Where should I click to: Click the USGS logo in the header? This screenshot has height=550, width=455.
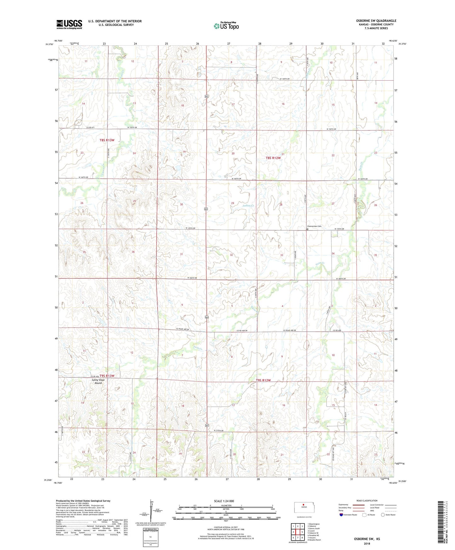click(69, 24)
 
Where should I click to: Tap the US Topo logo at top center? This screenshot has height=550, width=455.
click(226, 26)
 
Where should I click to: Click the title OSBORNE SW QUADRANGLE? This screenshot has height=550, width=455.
click(376, 21)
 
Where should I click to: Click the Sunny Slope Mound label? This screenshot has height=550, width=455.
click(98, 381)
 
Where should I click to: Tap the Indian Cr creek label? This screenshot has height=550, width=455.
click(248, 205)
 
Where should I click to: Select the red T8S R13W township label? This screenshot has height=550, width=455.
click(107, 140)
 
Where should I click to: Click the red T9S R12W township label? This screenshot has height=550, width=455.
click(263, 380)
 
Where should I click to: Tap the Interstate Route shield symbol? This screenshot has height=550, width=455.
click(341, 515)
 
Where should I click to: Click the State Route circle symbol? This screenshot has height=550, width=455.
click(383, 515)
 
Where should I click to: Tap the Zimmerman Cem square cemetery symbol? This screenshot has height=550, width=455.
click(307, 229)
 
